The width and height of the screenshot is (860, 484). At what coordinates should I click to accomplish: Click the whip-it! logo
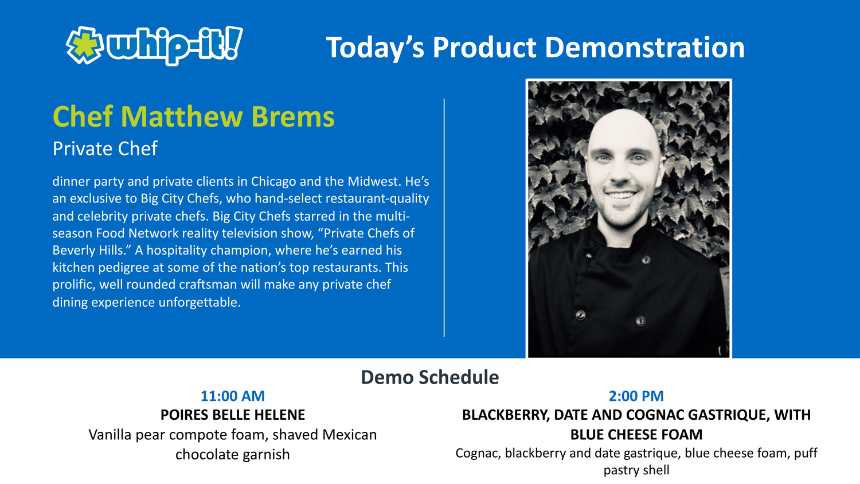click(x=154, y=45)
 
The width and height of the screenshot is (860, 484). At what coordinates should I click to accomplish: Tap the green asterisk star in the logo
click(x=84, y=45)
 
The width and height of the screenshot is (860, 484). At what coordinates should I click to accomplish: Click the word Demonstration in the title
click(x=645, y=48)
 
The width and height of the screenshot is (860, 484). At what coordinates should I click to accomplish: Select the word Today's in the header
click(x=375, y=48)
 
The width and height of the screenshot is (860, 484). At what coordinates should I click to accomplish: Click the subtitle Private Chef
click(x=105, y=149)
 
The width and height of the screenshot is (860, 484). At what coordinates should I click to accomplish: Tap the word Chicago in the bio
click(x=273, y=181)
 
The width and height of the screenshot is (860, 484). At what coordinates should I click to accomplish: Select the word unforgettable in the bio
click(x=200, y=302)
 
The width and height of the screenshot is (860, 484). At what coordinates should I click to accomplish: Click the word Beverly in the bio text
click(x=73, y=251)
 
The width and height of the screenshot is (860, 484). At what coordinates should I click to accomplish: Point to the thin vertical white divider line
click(x=444, y=218)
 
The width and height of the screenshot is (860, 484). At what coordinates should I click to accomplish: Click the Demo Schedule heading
click(x=430, y=377)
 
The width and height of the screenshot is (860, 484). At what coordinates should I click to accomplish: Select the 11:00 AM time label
click(x=233, y=396)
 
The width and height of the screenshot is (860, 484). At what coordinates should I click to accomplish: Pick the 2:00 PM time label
click(x=636, y=396)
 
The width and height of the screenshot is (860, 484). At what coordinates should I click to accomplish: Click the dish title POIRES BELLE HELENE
click(x=233, y=415)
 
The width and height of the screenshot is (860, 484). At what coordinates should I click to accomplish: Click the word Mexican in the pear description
click(x=349, y=435)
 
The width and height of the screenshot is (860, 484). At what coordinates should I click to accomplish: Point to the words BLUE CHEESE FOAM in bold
click(x=636, y=435)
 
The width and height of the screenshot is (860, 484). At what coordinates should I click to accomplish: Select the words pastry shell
click(x=636, y=471)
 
